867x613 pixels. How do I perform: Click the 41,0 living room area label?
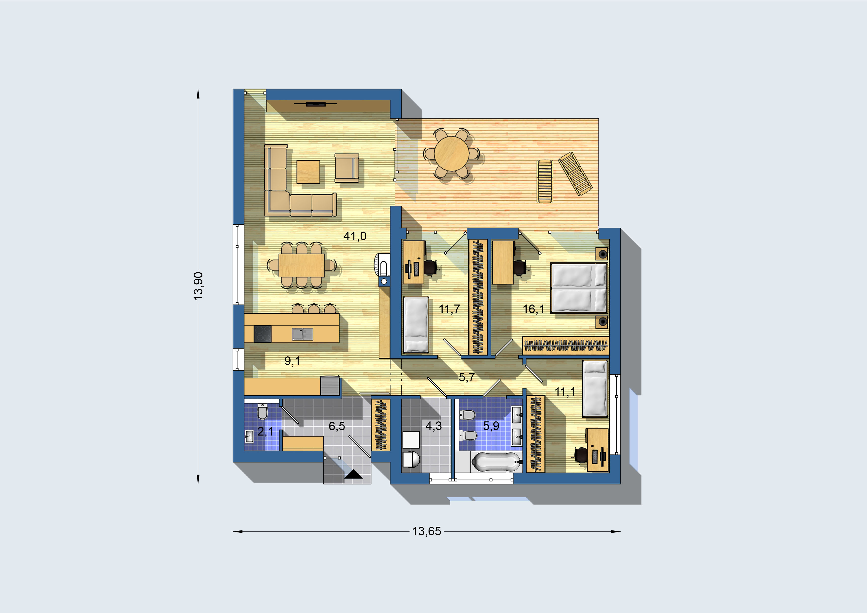tap(355, 237)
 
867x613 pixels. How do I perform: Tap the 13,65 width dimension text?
tap(426, 531)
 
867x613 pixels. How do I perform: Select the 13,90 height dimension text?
tap(198, 286)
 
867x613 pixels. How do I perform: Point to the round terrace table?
tap(451, 153)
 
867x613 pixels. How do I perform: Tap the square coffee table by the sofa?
tap(308, 172)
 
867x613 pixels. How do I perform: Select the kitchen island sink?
tap(303, 334)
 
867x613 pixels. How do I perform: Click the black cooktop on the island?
tap(262, 334)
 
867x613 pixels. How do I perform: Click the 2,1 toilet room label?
tap(265, 431)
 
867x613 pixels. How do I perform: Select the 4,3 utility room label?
tap(433, 426)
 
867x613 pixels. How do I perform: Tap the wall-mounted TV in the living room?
tap(316, 104)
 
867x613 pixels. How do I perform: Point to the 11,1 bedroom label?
tap(565, 392)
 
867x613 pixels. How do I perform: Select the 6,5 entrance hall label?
tap(337, 426)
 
